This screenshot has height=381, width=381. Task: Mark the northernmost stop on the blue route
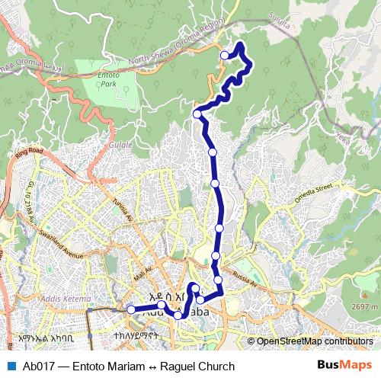(225, 55)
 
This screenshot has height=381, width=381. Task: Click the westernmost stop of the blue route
(131, 309)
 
